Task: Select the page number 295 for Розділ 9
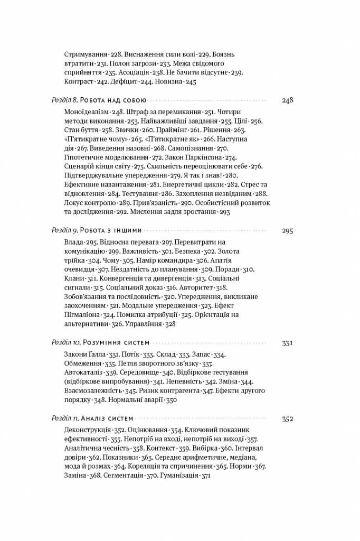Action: click(x=287, y=230)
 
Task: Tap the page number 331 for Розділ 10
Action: click(x=287, y=343)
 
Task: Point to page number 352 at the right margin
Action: click(x=287, y=419)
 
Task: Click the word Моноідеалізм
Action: click(x=88, y=112)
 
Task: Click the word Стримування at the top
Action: click(x=85, y=54)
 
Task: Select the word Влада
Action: click(x=73, y=242)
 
